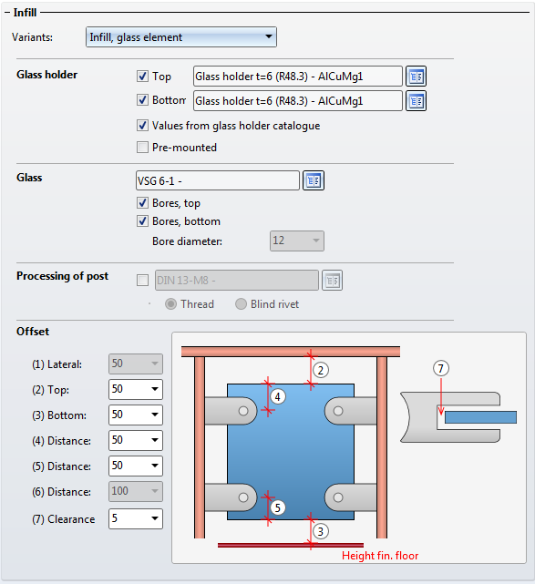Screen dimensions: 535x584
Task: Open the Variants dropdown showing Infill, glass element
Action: [x=181, y=36]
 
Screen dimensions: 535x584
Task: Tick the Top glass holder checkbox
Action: [x=142, y=76]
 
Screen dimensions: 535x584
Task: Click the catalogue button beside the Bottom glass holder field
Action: [x=416, y=101]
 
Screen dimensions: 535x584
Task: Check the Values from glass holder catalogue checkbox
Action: [x=142, y=126]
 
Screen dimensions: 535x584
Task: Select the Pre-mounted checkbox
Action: [x=142, y=147]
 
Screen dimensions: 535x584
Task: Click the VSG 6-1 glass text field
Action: [x=218, y=180]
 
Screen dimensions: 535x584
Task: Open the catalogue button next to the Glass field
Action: [x=314, y=180]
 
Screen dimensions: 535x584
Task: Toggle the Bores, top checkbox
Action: [x=142, y=203]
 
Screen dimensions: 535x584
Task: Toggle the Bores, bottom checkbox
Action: [x=142, y=221]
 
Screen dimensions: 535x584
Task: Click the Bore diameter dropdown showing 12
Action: [x=297, y=241]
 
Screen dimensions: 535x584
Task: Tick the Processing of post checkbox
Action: [x=142, y=280]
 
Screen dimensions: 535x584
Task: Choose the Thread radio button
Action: [x=170, y=304]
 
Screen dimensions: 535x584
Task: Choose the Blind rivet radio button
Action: [x=241, y=304]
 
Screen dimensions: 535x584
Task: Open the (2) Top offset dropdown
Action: [x=136, y=389]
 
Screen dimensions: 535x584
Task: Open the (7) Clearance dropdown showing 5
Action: [x=136, y=518]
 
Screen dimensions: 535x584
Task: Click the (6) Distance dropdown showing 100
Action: [x=136, y=491]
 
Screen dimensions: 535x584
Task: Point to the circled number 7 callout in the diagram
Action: [x=441, y=368]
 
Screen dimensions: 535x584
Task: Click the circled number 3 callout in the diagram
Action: [x=321, y=531]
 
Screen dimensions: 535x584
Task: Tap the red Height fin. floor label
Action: [x=380, y=556]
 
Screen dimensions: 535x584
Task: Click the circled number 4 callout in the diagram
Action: [x=278, y=397]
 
